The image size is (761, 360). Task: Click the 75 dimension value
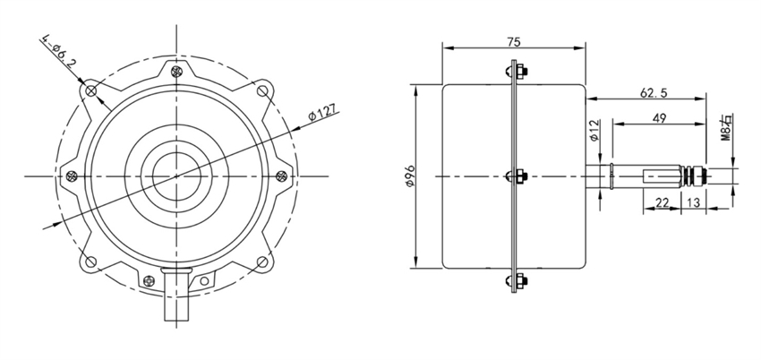(514, 40)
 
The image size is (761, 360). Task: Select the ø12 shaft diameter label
(594, 132)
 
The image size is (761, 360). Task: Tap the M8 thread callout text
(727, 126)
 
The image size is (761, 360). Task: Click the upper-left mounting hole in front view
(90, 90)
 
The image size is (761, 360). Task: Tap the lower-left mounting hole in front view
(90, 261)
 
